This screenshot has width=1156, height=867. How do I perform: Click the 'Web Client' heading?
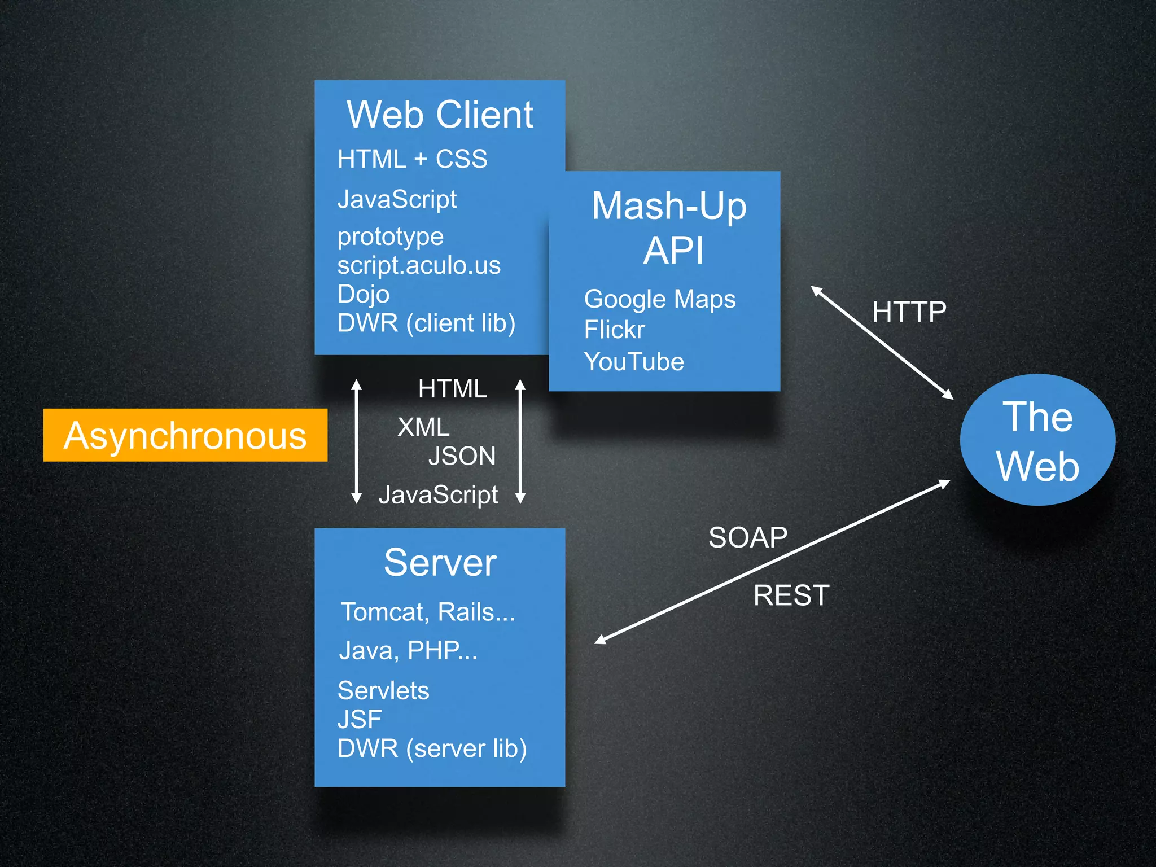point(440,115)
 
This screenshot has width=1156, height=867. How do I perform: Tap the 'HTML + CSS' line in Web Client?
point(412,159)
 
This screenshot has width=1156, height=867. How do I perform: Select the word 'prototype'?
point(391,237)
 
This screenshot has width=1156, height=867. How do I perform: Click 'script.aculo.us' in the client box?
point(419,265)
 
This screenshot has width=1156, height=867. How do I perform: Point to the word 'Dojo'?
point(364,294)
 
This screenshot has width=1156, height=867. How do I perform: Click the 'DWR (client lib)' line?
point(426,323)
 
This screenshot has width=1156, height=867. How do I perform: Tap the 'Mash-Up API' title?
point(669,227)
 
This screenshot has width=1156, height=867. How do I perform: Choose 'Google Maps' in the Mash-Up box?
point(659,299)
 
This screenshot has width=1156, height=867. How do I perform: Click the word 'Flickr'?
point(614,330)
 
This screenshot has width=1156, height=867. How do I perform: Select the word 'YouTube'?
point(634,362)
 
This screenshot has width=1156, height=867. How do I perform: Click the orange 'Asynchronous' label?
point(185,435)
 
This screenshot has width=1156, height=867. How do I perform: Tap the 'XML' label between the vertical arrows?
point(423,427)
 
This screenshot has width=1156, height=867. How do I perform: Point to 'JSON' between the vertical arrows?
point(462,456)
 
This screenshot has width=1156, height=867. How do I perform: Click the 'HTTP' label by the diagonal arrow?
point(909,312)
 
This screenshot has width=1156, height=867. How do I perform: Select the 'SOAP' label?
point(747,537)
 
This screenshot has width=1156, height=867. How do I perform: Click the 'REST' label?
point(791,595)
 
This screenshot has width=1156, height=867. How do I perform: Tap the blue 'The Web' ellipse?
point(1037,440)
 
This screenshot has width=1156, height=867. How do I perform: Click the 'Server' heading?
point(440,563)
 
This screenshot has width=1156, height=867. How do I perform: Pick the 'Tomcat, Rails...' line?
point(428,612)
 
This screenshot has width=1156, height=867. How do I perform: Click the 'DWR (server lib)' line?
point(432,748)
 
